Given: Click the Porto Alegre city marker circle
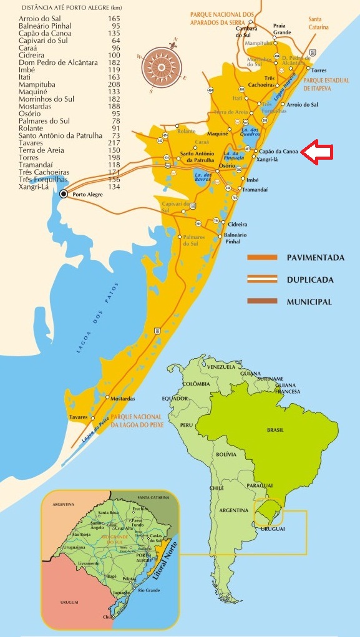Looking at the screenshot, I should pos(64,195).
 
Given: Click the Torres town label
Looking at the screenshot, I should pos(319,71).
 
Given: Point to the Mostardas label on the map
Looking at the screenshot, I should pos(122,398).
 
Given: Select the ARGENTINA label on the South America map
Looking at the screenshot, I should pos(232,510).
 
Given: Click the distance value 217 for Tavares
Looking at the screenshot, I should pos(114,142).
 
